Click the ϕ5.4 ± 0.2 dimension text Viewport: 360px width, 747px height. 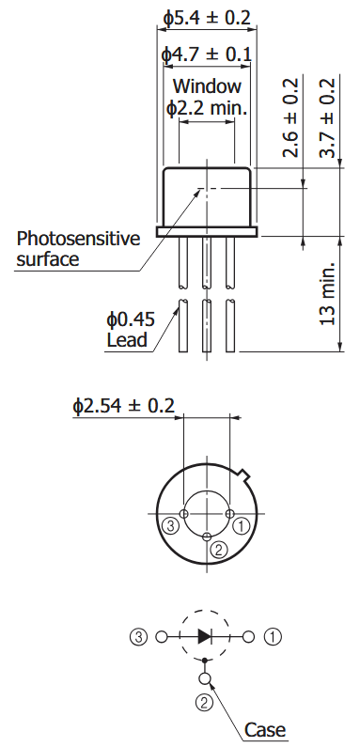tap(207, 18)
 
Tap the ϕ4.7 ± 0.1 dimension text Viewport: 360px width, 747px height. tap(207, 54)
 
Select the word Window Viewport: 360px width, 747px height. tap(207, 86)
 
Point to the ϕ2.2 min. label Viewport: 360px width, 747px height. tap(207, 108)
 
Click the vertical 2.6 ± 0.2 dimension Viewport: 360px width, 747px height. tap(290, 117)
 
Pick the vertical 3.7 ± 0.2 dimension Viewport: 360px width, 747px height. tap(327, 117)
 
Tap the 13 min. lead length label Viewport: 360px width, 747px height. tap(327, 294)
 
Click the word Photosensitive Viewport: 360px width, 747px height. tap(79, 239)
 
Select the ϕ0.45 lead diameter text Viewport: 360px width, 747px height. tap(131, 319)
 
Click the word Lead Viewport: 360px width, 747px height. tap(127, 340)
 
